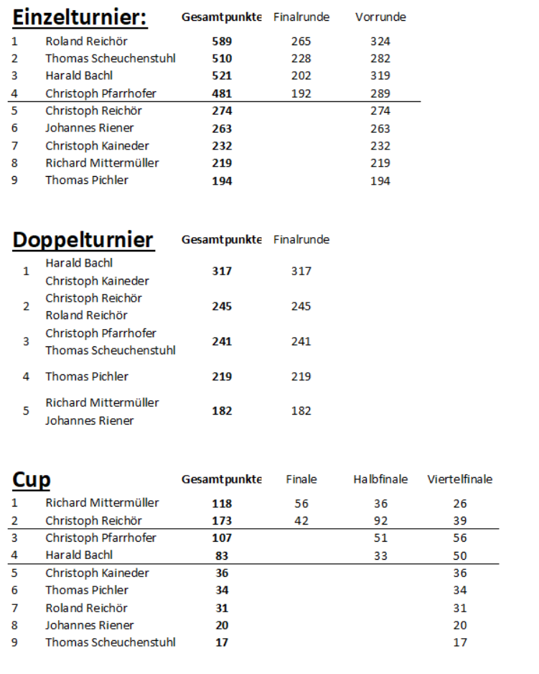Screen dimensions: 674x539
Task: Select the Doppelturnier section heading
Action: coord(83,240)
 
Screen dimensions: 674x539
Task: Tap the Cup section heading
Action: coord(32,480)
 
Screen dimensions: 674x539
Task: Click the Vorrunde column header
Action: coord(380,17)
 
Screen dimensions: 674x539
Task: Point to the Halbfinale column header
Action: coord(380,479)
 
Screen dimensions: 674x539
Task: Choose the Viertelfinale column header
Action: coord(460,479)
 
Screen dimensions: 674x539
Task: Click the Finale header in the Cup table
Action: coord(301,479)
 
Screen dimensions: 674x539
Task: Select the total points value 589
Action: coord(222,42)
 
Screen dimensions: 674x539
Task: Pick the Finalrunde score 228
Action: coord(301,59)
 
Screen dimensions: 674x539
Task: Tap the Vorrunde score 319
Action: coord(380,76)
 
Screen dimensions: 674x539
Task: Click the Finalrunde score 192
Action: coord(301,93)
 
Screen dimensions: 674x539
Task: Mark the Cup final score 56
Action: coord(301,504)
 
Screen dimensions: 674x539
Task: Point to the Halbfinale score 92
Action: coord(380,521)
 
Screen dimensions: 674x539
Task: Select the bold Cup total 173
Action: coord(222,521)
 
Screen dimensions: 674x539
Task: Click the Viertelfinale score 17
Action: coord(460,642)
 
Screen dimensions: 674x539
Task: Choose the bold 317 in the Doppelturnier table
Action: coord(222,272)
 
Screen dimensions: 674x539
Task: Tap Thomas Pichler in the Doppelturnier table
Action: coord(87,377)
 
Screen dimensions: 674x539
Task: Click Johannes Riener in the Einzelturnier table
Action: coord(90,128)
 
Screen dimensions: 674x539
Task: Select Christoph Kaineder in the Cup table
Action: coord(97,573)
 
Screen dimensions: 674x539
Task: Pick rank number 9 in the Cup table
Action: coord(14,642)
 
